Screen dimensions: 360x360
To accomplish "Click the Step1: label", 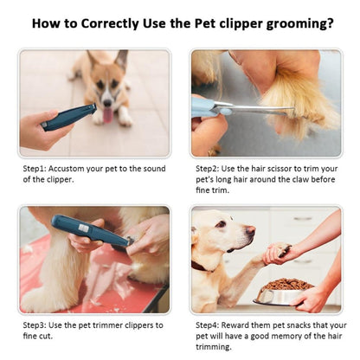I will coord(36,168).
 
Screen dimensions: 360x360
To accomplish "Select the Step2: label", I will coord(209,168).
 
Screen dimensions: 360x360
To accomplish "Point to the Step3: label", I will coord(36,325).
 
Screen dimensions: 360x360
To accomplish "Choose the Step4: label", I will coord(209,325).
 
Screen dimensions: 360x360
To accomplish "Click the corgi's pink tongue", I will coord(106,114).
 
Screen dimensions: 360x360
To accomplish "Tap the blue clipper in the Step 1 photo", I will coord(68,117).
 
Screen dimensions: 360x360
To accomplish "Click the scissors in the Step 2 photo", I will coord(234,109).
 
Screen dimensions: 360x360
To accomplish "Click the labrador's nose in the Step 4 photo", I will coord(251,230).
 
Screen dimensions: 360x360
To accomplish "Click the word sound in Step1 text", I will coord(150,168).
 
